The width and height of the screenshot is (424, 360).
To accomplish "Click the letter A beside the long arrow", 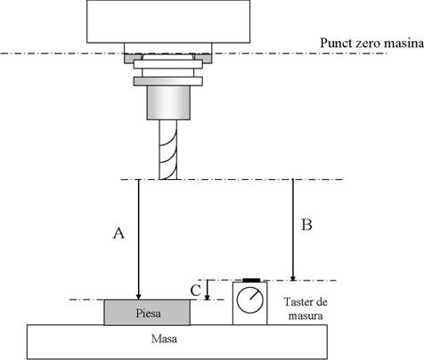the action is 118,233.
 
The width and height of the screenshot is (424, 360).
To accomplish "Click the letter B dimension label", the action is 306,225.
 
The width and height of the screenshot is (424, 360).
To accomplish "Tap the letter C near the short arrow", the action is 196,290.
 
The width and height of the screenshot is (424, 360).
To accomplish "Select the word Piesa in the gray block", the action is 148,313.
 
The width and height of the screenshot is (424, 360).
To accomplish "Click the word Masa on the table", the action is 164,339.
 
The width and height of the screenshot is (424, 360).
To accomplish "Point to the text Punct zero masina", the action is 371,43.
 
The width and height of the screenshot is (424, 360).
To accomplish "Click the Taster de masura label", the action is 306,308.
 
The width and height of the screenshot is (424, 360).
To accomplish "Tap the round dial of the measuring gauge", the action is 250,300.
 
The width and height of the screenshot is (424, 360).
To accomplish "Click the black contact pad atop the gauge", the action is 251,280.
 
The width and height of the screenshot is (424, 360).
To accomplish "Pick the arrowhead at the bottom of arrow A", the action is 138,297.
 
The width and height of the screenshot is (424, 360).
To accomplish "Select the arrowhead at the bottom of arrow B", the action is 293,278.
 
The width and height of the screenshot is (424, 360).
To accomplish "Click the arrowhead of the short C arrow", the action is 208,298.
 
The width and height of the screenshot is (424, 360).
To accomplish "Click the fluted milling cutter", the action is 168,150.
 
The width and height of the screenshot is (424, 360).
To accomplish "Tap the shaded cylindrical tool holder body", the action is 168,102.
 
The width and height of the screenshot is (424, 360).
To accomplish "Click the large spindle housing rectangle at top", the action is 168,21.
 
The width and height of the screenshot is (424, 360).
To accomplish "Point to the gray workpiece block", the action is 147,313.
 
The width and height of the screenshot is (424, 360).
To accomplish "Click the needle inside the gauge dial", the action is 255,296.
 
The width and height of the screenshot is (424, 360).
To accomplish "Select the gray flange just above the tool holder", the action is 168,81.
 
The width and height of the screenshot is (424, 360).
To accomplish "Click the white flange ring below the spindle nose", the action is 168,64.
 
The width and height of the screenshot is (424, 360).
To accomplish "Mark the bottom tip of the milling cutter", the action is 168,179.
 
